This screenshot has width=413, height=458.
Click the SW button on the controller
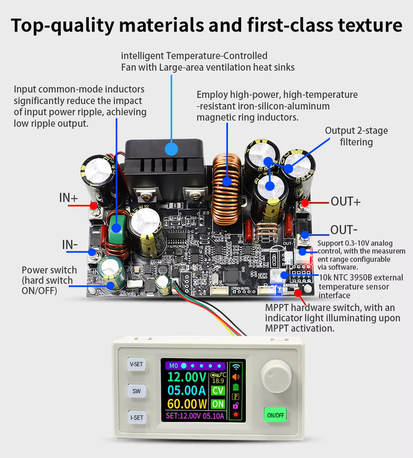tap(136, 391)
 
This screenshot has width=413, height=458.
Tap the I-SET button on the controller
tap(137, 418)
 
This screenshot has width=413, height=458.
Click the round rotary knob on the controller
tap(276, 377)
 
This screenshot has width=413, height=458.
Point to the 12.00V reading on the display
tap(187, 377)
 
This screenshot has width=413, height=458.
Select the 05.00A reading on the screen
tap(187, 390)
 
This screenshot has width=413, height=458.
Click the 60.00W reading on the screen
tap(187, 404)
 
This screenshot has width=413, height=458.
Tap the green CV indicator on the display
tap(218, 390)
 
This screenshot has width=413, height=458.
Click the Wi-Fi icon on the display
tap(236, 367)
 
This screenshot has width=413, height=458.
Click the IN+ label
tap(69, 198)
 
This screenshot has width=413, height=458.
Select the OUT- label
tap(344, 230)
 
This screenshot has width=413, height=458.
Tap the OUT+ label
tap(345, 202)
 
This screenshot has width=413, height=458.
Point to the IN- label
tap(70, 244)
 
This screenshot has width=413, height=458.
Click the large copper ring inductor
tap(227, 189)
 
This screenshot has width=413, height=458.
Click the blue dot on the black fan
tap(171, 149)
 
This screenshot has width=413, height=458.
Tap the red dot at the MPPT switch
tap(298, 293)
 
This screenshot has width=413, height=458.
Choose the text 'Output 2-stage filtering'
tap(357, 136)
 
